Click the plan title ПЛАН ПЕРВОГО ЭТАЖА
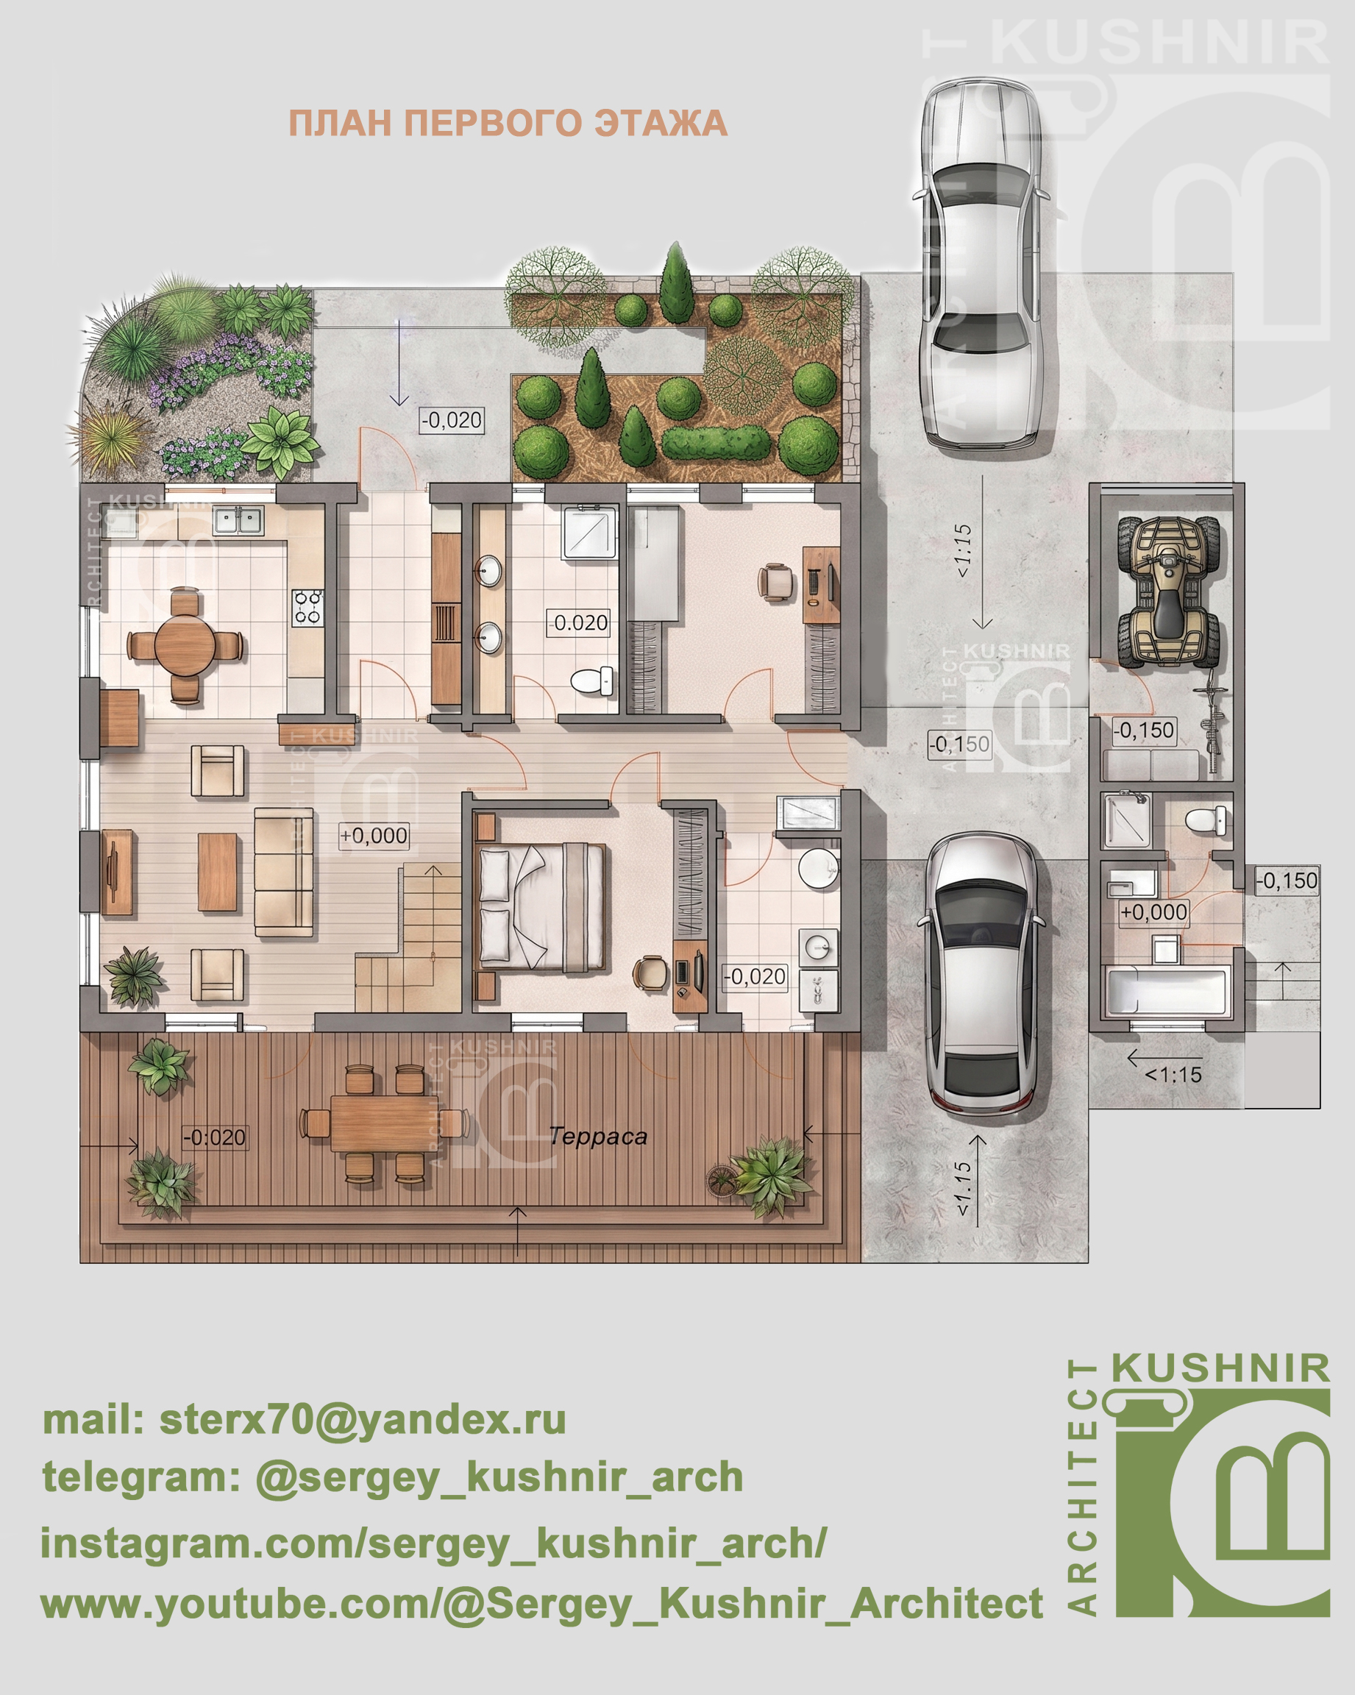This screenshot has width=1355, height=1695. [x=508, y=124]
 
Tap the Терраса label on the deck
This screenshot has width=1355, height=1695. [x=598, y=1136]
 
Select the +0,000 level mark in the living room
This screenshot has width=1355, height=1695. [x=374, y=835]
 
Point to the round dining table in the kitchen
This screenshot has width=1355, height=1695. [x=185, y=645]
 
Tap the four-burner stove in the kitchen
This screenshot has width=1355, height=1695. [x=308, y=608]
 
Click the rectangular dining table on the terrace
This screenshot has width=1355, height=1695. [x=383, y=1122]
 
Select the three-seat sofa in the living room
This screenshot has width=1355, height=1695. [x=284, y=872]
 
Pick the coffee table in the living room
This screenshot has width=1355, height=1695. [x=218, y=872]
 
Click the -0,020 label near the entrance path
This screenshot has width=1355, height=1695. [x=451, y=420]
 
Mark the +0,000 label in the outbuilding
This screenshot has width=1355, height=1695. [x=1153, y=912]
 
